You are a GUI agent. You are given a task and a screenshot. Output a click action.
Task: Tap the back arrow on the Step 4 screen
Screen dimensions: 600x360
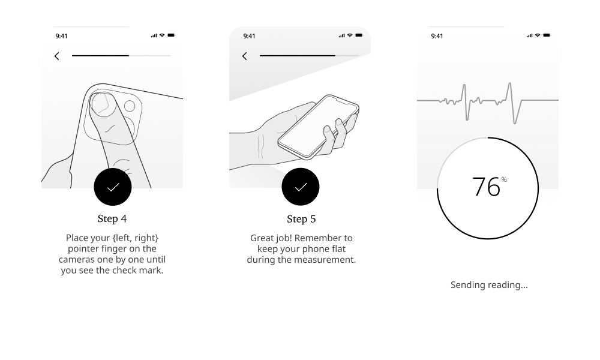coord(56,56)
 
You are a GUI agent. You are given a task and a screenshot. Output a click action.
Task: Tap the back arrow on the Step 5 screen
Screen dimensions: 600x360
coord(245,56)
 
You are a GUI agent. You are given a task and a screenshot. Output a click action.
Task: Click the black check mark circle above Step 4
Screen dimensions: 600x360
coord(113,187)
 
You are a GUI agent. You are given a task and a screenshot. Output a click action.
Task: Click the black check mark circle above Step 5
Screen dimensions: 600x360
coord(301,187)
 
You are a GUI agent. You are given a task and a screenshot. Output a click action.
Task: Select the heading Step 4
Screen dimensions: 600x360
coord(112,218)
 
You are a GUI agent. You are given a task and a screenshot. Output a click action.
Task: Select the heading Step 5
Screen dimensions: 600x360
coord(301,219)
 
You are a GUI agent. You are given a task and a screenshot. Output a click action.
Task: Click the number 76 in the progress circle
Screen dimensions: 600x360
coord(486,187)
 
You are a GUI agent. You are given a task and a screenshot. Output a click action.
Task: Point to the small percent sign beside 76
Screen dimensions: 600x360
coord(504,179)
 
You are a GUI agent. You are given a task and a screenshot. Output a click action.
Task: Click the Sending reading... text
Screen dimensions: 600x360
coord(489,284)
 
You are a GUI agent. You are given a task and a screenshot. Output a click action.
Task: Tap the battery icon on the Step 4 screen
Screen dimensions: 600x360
coord(171,35)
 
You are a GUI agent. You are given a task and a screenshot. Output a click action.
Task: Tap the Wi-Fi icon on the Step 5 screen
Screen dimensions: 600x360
coord(350,35)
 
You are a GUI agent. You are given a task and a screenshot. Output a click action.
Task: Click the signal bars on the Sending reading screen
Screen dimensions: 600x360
coord(529,35)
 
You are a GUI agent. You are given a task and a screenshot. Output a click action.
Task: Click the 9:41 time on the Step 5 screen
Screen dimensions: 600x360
coord(249,36)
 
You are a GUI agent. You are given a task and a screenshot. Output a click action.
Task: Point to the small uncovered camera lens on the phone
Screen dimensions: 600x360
coord(130,106)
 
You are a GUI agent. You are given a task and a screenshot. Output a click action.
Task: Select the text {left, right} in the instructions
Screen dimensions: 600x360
coord(135,238)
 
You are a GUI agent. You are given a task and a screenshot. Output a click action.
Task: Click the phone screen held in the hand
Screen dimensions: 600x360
coord(319,125)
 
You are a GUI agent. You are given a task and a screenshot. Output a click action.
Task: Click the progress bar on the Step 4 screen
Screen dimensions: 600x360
coord(121,56)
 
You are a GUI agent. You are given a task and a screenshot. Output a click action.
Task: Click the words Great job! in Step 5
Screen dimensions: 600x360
coord(271,238)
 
